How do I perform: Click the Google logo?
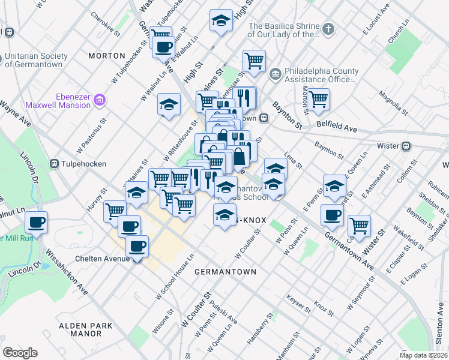pos(20,353)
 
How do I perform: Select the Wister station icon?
pos(406,146)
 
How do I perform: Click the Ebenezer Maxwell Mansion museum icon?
pos(100,100)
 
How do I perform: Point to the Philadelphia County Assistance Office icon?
pos(276,74)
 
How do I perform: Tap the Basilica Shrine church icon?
pos(328,29)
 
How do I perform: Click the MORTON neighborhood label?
pos(106,55)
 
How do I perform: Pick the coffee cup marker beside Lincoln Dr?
pos(36,223)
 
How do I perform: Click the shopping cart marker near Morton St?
pos(318,99)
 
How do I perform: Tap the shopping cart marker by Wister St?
pos(359,226)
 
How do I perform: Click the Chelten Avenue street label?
pos(103,259)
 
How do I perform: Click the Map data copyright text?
pos(423,355)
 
